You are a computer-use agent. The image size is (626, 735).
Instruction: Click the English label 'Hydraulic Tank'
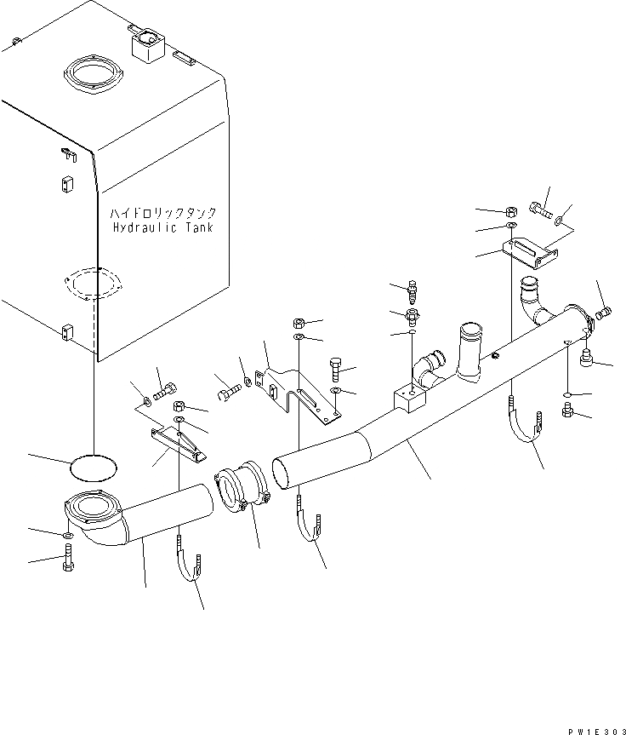point(163,227)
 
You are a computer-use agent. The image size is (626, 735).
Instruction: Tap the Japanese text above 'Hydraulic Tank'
point(163,213)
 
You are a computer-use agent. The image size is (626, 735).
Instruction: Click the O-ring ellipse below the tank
point(92,468)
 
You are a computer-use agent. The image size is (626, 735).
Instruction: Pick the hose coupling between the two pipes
point(242,488)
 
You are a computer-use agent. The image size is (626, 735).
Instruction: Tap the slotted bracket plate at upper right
point(530,249)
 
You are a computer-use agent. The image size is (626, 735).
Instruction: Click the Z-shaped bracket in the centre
point(299,391)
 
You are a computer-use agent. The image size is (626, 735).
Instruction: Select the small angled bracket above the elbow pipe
point(178,442)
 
